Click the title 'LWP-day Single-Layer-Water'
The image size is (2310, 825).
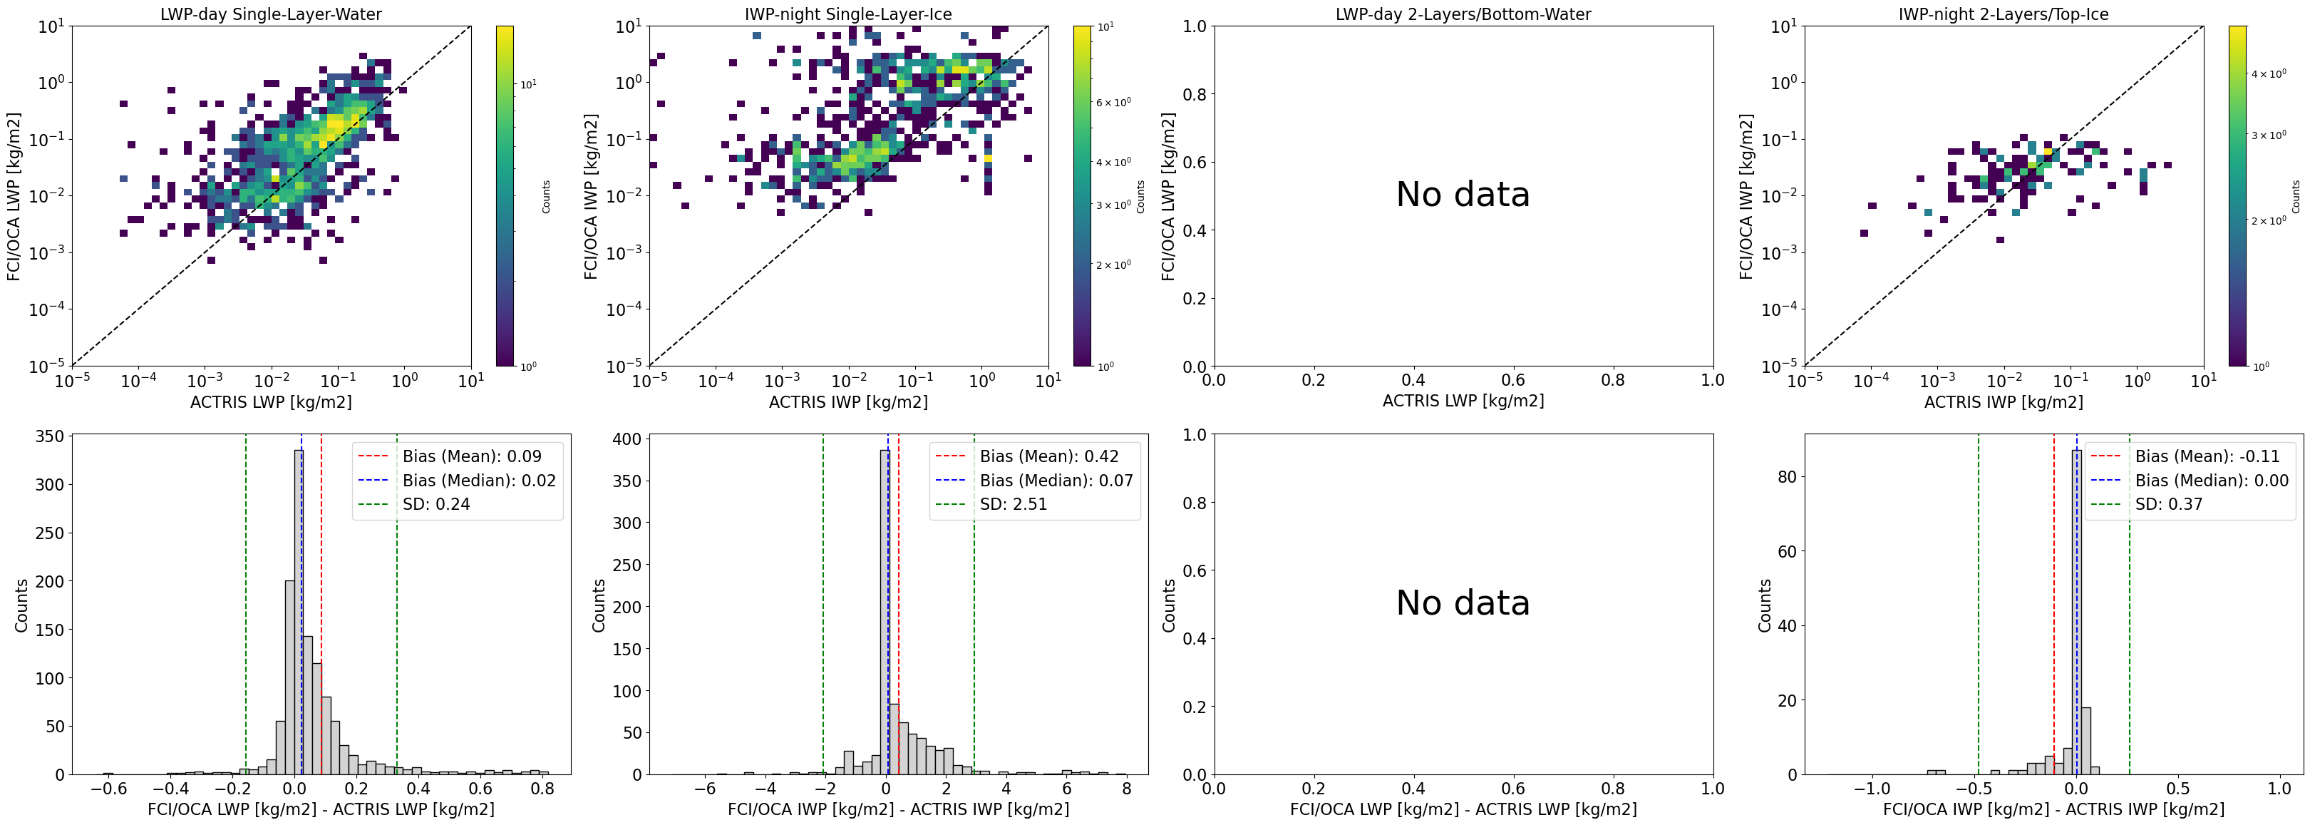click(271, 14)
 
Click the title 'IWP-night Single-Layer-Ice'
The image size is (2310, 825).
click(847, 14)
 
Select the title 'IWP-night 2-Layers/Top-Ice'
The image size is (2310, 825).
click(2004, 14)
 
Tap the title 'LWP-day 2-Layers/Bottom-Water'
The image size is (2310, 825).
click(1463, 14)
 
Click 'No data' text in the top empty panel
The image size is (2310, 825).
click(1463, 195)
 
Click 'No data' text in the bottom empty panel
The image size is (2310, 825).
click(1463, 603)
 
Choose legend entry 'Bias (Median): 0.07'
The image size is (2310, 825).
click(1056, 481)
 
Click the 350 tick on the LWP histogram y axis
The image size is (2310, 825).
click(48, 436)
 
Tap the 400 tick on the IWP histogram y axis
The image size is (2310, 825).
click(626, 439)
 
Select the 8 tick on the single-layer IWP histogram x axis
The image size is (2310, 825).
click(1126, 789)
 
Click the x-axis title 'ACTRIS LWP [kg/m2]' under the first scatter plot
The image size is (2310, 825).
click(271, 401)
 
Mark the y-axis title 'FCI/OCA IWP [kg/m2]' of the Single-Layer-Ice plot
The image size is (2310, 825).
click(591, 195)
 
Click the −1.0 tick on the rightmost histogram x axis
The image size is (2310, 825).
click(1872, 789)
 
